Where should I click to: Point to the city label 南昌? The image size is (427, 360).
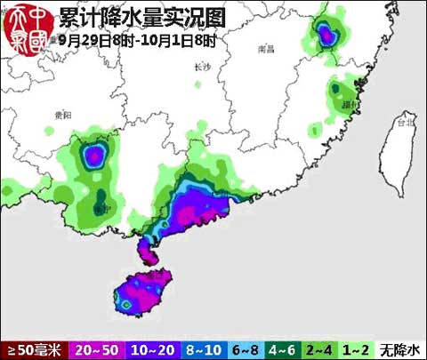[x=264, y=50]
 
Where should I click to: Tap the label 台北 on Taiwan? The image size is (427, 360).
[x=405, y=126]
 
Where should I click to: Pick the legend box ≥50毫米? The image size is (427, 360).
[x=34, y=350]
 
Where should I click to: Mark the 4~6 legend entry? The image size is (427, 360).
[x=282, y=350]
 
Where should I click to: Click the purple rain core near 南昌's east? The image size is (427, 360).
[x=326, y=36]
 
